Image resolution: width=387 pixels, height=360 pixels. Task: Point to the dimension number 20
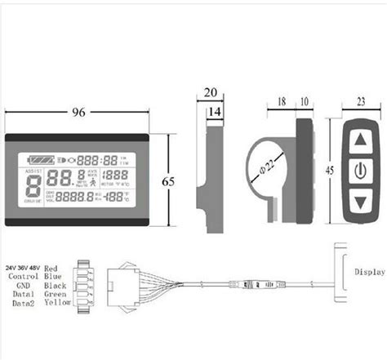point(212,92)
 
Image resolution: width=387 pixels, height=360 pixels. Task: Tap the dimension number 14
point(216,109)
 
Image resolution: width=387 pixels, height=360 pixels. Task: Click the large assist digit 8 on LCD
point(33,185)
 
